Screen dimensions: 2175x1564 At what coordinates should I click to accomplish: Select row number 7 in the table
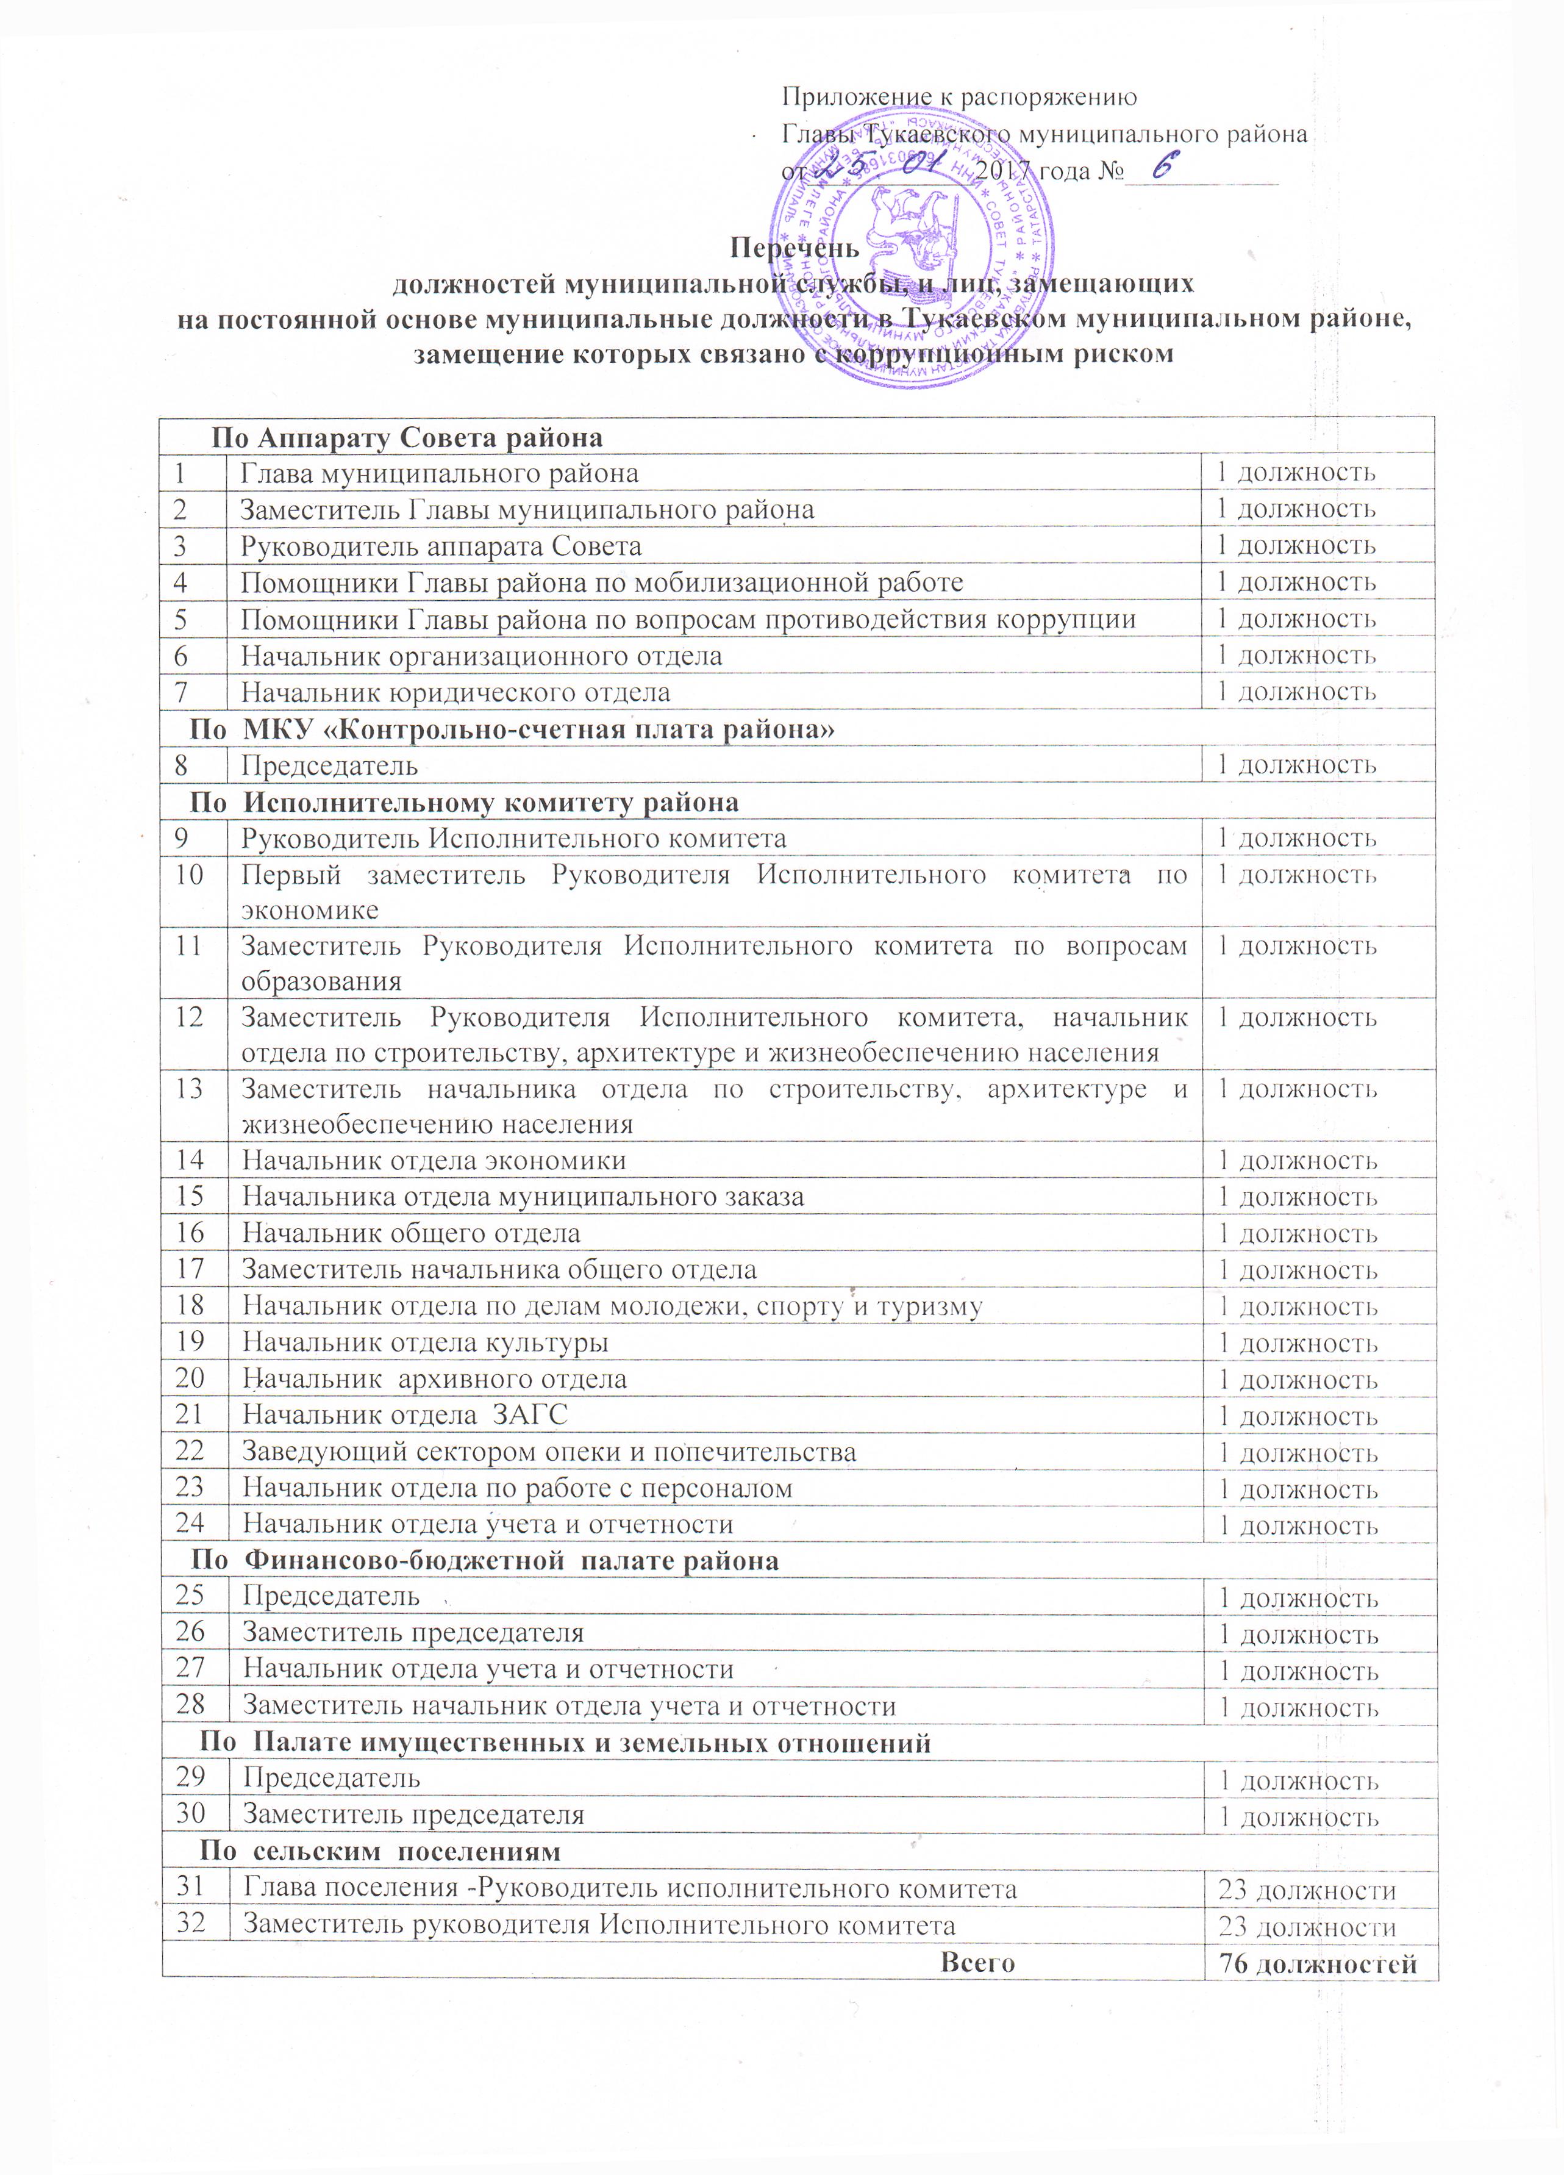(180, 692)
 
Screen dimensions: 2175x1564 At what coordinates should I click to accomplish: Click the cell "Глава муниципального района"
(439, 473)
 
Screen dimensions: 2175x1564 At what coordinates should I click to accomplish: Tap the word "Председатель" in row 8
(329, 765)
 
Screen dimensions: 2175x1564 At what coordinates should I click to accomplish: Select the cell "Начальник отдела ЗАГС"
(405, 1414)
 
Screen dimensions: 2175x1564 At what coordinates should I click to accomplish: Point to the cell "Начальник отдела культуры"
(425, 1342)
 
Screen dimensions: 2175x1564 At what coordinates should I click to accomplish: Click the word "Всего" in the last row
(977, 1962)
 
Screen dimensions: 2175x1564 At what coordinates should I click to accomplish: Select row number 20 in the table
(190, 1378)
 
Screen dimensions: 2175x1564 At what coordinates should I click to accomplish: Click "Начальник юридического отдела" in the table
(455, 692)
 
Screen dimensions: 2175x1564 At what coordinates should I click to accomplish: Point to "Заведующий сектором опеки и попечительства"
(549, 1452)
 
